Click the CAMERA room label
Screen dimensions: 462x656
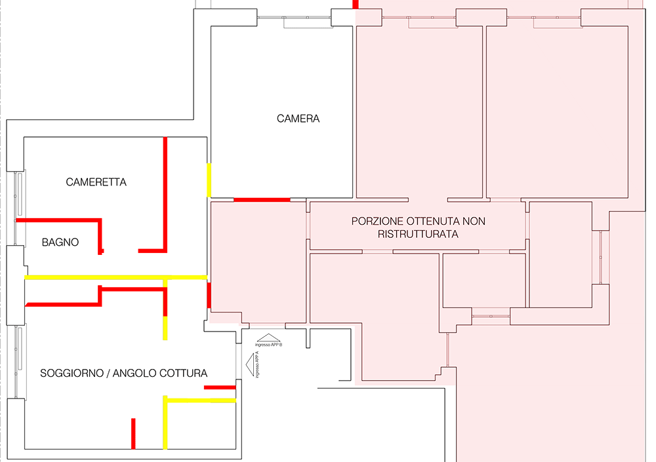click(x=298, y=119)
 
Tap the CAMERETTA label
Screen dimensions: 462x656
click(x=96, y=182)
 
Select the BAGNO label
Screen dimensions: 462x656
click(x=60, y=242)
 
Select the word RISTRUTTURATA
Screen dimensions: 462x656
click(x=418, y=233)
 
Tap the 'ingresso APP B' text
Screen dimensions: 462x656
click(x=269, y=345)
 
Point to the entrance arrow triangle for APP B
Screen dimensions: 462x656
click(x=269, y=337)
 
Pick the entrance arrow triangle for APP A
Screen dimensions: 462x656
click(x=250, y=364)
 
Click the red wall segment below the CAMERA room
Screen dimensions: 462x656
click(x=262, y=199)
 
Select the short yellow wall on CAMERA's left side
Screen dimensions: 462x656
click(x=209, y=180)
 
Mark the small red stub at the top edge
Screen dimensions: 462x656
click(x=356, y=4)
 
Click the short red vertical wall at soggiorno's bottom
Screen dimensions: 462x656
click(x=133, y=433)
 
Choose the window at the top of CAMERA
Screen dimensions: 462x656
click(x=295, y=18)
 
